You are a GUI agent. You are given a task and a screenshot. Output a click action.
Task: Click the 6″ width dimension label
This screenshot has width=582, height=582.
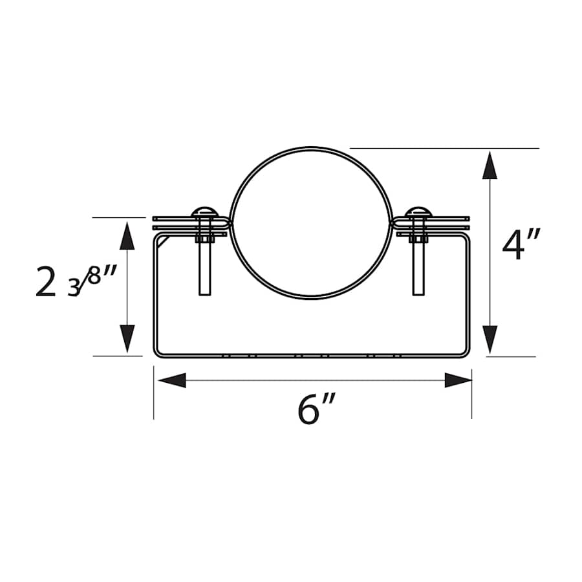coord(318,409)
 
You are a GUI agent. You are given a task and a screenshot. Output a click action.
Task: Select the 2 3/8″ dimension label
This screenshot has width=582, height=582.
coord(76,283)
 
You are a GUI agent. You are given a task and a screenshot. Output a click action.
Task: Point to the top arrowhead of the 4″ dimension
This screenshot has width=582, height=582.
coord(490,166)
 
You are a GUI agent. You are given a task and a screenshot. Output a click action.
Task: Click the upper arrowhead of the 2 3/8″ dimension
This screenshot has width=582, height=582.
coord(127,236)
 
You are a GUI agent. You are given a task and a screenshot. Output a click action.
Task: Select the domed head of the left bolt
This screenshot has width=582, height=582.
coord(204,211)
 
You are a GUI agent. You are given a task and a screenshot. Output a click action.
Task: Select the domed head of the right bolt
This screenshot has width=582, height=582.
coord(418,211)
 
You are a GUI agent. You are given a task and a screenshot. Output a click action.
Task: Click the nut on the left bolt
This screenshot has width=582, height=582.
coord(204,239)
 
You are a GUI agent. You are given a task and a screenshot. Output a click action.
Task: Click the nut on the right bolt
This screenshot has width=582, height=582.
coord(418,239)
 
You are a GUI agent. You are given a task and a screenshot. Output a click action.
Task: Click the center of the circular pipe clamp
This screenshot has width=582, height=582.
coord(311,223)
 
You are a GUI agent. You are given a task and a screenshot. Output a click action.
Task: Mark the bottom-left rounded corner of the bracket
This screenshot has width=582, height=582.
coord(157,352)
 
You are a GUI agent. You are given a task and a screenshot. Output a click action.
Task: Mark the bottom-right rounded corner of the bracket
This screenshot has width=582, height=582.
coord(466,352)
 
